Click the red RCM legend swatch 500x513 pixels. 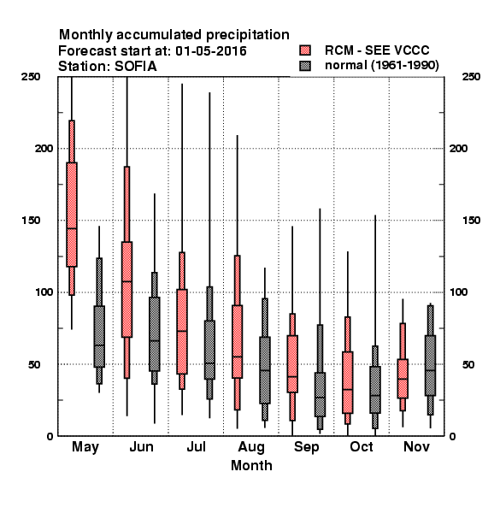coord(305,50)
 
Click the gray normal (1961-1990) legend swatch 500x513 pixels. coord(305,66)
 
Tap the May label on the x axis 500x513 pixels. coord(85,447)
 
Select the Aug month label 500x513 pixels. coord(251,447)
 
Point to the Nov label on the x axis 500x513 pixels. coord(416,446)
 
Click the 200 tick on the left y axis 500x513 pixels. coord(44,149)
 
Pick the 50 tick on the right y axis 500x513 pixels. coord(468,364)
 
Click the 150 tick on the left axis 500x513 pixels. coord(31,221)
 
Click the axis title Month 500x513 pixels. coord(251,466)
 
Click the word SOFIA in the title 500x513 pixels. coord(135,67)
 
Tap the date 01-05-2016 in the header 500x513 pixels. coord(211,50)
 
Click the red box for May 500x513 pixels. coord(72,215)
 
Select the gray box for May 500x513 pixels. coord(99,336)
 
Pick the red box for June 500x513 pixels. coord(126,290)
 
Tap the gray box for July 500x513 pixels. coord(209,350)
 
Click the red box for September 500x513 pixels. coord(292,364)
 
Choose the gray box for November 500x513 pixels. coord(431,365)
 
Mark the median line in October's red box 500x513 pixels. coord(348,390)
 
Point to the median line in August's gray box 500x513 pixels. coord(265,371)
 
